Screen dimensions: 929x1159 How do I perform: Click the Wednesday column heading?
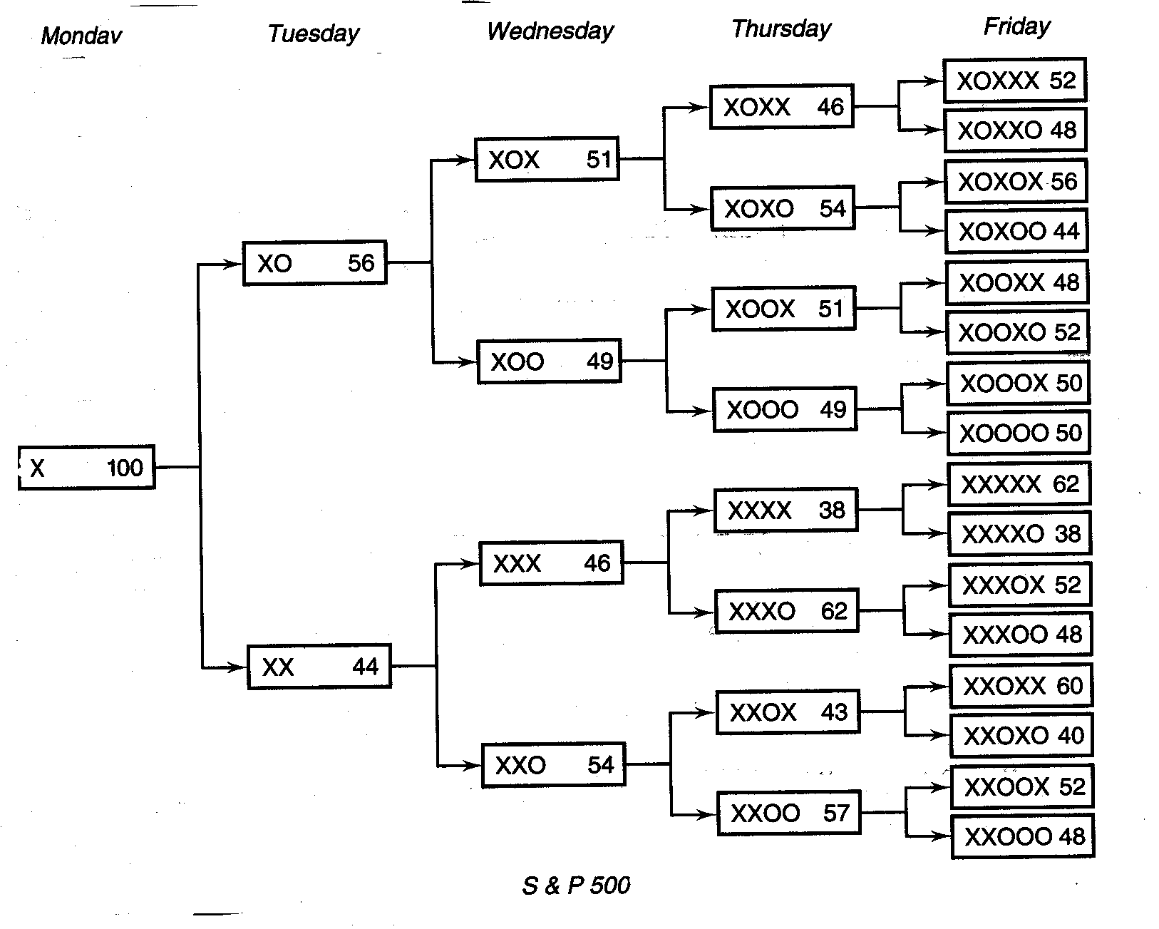point(550,31)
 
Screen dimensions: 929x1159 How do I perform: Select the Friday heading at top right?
point(1016,27)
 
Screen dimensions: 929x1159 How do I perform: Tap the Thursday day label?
point(781,29)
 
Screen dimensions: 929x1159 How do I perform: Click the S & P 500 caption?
point(576,886)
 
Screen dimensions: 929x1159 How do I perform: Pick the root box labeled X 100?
point(86,468)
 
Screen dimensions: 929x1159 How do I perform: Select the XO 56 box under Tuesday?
point(314,263)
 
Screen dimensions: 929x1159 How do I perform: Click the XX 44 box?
point(319,667)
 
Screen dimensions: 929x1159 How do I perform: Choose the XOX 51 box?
point(547,159)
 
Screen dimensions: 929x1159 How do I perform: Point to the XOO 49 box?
point(549,361)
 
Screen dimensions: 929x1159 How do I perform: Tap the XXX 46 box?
point(551,563)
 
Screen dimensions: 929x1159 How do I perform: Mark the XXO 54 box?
point(553,765)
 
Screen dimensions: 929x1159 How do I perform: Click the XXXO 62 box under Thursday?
point(786,611)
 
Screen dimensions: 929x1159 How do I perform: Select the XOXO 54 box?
point(783,208)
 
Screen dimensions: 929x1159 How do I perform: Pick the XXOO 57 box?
point(788,813)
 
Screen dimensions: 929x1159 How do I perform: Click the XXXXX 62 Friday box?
point(1019,485)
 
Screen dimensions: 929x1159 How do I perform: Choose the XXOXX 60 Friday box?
point(1021,687)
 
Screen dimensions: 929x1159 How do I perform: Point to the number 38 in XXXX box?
point(832,510)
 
